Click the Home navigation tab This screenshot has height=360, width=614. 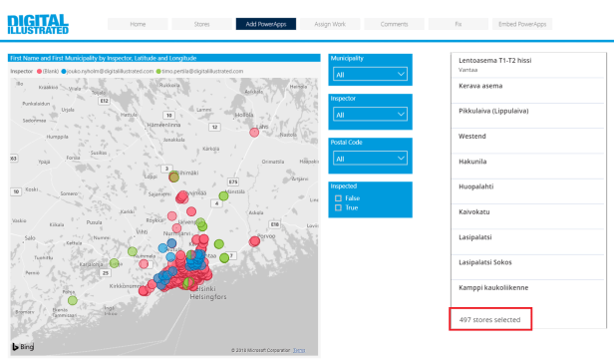pos(137,23)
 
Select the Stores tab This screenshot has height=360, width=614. pos(201,23)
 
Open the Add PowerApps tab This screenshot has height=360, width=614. pos(266,23)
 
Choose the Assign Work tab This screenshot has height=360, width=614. pos(332,23)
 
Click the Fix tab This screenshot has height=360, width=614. pos(458,23)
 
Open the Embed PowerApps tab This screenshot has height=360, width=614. pos(523,23)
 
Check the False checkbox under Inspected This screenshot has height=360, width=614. pos(339,198)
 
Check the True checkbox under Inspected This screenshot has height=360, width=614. pos(339,207)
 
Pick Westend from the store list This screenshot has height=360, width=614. pos(472,134)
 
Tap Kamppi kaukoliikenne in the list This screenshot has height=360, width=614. pos(493,287)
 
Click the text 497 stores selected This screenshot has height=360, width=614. pos(489,319)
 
